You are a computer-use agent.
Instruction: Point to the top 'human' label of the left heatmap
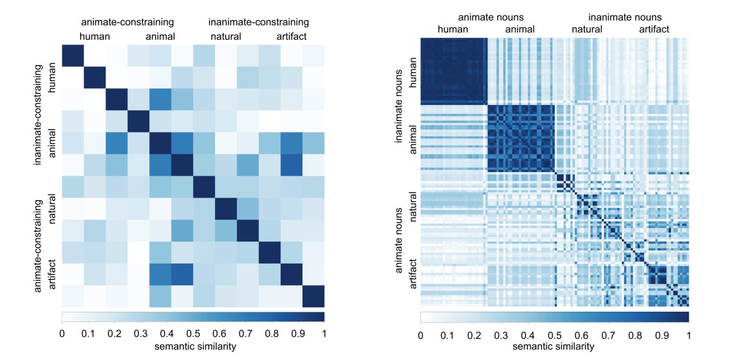tap(95, 37)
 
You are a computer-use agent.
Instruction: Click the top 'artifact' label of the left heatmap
tap(292, 37)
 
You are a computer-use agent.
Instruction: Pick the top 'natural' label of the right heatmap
tap(587, 29)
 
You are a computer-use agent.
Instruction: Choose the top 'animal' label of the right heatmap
tap(520, 29)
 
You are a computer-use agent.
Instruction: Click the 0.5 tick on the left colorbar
tap(193, 333)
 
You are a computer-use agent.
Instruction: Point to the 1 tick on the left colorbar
tap(324, 333)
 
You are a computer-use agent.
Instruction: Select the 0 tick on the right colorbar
tap(420, 335)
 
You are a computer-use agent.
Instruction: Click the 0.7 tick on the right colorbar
tap(608, 335)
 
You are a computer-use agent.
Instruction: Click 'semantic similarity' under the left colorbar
tap(192, 347)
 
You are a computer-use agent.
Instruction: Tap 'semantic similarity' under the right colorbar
tap(554, 348)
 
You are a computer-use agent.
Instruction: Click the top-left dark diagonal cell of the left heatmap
tap(73, 56)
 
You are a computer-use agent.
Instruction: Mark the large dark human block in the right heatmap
tap(453, 70)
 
